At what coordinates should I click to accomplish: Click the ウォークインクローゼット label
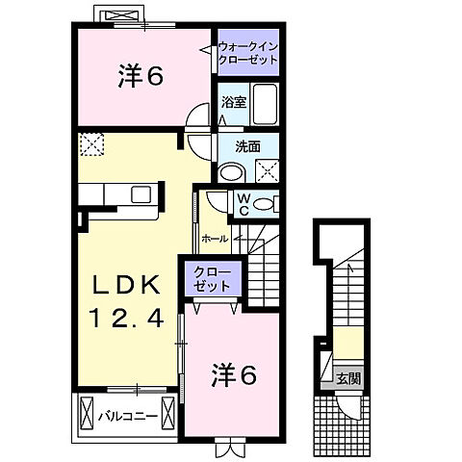click(x=247, y=52)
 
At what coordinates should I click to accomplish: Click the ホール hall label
click(x=215, y=238)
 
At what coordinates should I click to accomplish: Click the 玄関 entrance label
click(x=348, y=378)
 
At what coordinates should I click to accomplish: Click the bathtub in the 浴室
click(x=266, y=103)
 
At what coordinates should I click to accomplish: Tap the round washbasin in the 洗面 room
click(x=230, y=171)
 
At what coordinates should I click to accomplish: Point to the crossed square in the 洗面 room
click(x=267, y=171)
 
